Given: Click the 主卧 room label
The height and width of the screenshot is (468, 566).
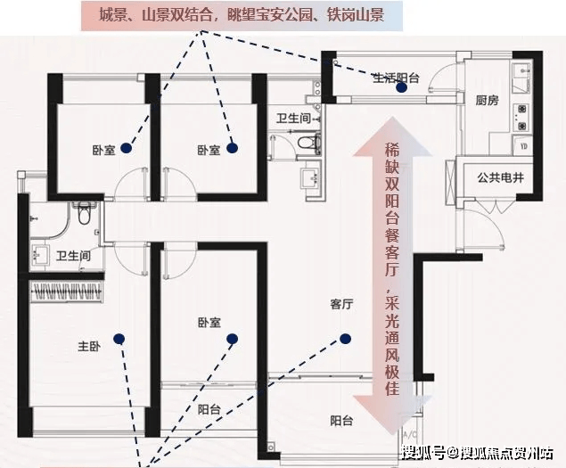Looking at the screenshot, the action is (89, 346).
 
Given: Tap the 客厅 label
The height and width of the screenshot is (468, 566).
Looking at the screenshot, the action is (341, 304).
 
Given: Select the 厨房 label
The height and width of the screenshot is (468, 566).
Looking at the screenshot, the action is (487, 100).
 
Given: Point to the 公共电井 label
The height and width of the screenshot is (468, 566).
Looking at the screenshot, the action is (500, 177).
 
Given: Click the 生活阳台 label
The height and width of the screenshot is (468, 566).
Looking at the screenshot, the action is (396, 78).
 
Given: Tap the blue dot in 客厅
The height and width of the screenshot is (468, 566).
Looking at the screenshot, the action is (345, 339).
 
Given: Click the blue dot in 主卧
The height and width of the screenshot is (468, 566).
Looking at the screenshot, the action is (119, 339).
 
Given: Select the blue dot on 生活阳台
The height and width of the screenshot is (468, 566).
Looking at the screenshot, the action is (401, 87).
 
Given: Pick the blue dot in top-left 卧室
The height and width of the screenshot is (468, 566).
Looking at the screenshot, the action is (126, 148).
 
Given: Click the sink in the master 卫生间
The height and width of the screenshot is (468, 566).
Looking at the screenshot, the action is (39, 255).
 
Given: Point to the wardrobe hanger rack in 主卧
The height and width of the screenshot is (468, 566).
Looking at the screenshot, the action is (67, 291).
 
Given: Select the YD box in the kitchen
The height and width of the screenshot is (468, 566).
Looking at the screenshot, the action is (523, 145).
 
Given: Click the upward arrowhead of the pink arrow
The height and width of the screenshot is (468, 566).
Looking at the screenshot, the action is (392, 138).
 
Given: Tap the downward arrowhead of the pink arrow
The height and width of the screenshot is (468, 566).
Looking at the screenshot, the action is (392, 415).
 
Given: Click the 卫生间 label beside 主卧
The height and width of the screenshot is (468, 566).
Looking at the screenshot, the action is (73, 256).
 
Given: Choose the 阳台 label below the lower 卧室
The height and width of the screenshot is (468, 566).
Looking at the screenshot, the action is (209, 409).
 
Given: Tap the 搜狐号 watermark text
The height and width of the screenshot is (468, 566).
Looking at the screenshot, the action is (423, 453).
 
